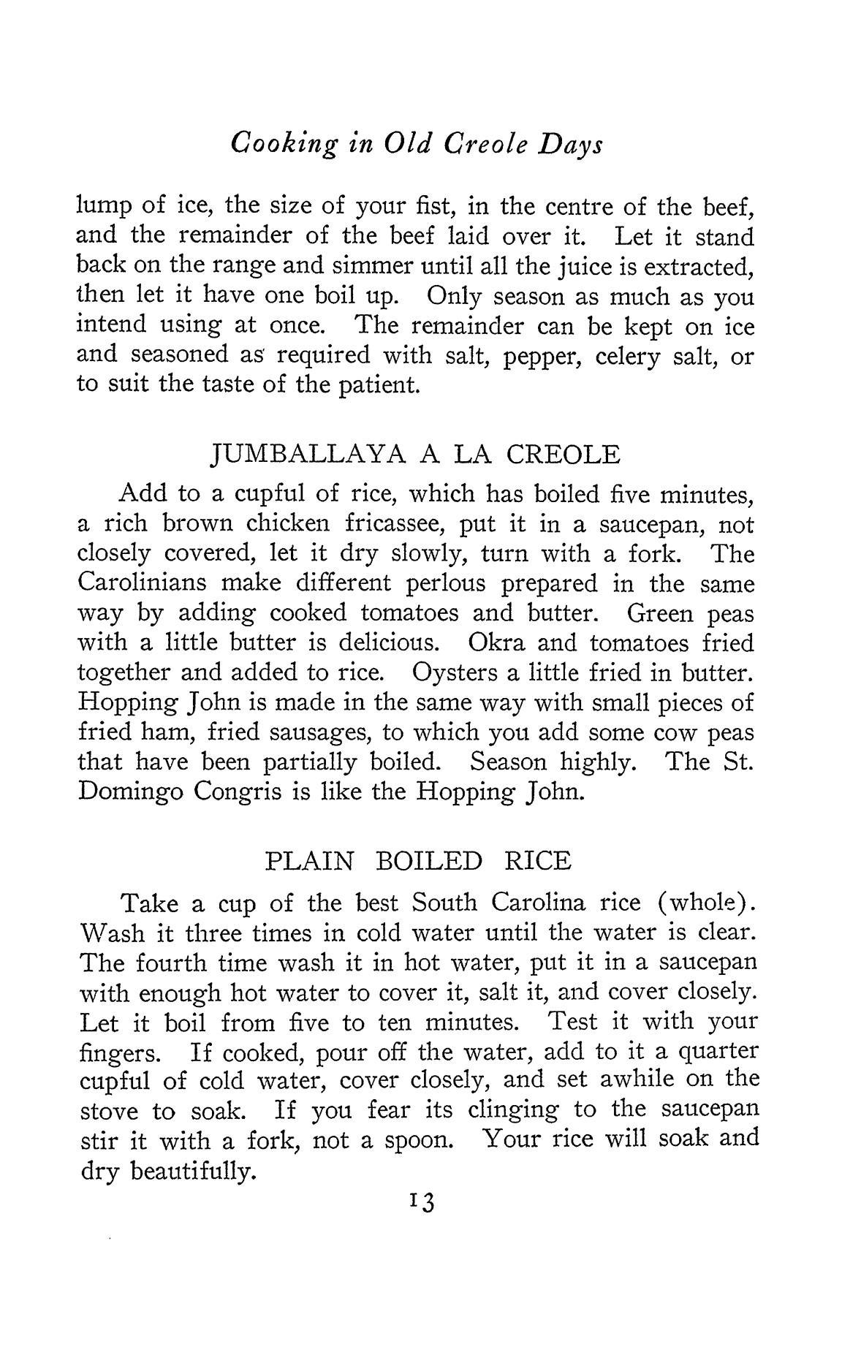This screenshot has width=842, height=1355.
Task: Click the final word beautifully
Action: point(194,1172)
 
